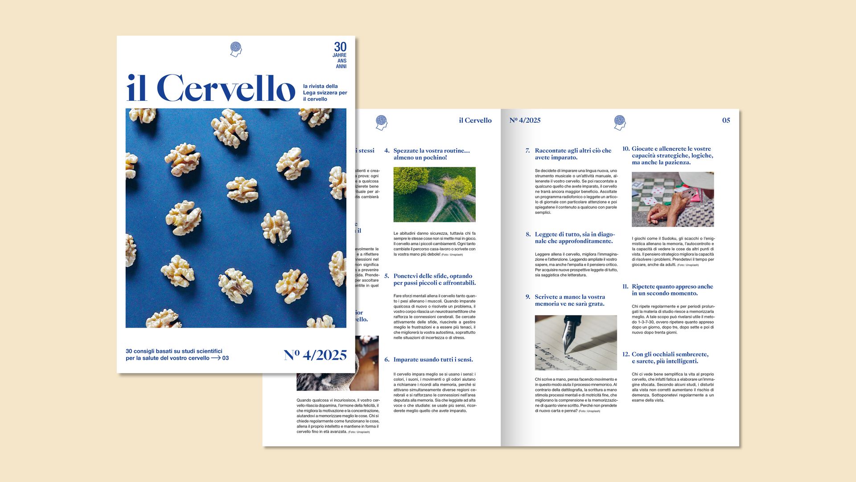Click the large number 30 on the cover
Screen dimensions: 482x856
[340, 47]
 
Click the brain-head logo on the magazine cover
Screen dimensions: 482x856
[236, 49]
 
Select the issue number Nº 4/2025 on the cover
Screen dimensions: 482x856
[315, 355]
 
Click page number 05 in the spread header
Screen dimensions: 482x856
[726, 120]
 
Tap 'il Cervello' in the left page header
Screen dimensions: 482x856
[475, 120]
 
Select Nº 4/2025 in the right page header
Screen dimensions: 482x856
[525, 120]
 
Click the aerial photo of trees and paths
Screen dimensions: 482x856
[434, 195]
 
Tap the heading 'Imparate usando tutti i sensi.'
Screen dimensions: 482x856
[433, 360]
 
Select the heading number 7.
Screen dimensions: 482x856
[527, 151]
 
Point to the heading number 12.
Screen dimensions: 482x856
[626, 354]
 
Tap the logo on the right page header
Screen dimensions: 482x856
[620, 122]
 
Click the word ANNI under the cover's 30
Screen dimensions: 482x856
[341, 66]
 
